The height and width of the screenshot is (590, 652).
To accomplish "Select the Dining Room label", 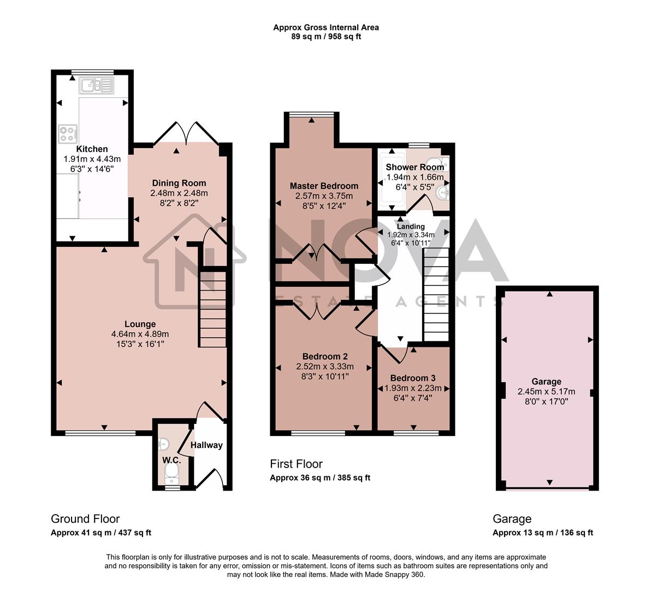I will (x=179, y=183).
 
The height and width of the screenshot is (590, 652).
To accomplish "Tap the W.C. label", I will (x=171, y=460).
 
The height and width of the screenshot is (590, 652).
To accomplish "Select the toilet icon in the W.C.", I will (x=173, y=474).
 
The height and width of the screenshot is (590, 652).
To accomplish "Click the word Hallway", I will (x=206, y=445).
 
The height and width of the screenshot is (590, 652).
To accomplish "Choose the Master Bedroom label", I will (x=324, y=186).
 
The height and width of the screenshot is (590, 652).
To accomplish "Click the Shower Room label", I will (x=415, y=167).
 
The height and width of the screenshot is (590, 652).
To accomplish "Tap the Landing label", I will (x=411, y=226).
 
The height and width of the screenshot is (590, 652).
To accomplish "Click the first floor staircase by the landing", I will (x=437, y=295).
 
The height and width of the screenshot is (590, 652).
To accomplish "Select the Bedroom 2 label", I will (x=325, y=356).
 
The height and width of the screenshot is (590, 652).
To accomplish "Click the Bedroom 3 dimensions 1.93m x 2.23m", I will (x=413, y=388).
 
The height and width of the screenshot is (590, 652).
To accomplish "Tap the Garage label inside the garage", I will (x=546, y=381).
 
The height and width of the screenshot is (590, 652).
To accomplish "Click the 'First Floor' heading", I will (x=296, y=464).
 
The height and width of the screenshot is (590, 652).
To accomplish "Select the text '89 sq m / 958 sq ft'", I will (x=325, y=37).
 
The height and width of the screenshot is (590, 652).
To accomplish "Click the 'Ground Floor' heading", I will (x=85, y=518).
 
